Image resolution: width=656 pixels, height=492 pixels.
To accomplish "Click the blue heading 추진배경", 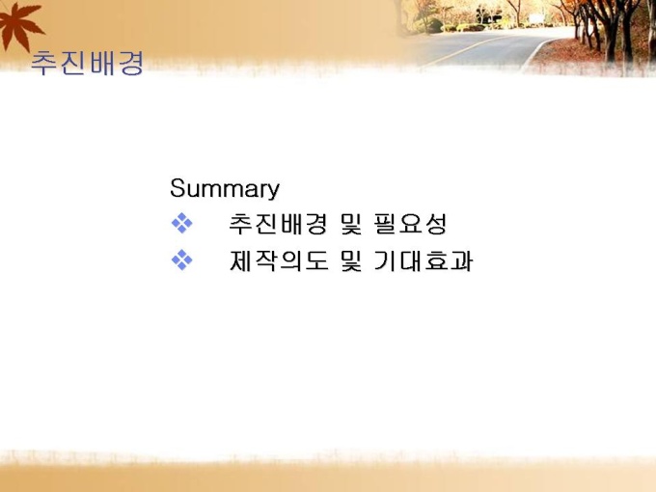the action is (87, 63).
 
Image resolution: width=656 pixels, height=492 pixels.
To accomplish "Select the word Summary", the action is (225, 189).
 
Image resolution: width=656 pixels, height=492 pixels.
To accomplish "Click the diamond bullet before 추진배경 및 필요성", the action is (182, 223).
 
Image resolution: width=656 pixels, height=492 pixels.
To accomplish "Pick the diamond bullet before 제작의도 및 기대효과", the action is (182, 260).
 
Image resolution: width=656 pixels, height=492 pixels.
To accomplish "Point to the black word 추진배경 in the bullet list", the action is (278, 224).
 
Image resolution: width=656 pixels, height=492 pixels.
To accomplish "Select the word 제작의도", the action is (279, 260).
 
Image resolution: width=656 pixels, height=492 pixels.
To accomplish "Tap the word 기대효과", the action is (423, 260).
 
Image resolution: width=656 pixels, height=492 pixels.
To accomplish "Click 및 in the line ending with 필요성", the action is (350, 224).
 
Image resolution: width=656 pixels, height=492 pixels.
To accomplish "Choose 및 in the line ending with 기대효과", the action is (350, 260).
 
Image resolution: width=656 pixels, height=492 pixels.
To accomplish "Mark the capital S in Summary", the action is (178, 187).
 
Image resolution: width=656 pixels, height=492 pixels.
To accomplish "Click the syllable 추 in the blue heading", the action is (44, 63).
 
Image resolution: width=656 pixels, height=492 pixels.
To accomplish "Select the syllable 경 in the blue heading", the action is (130, 63).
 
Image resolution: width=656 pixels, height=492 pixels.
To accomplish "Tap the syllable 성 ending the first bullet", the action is (435, 224).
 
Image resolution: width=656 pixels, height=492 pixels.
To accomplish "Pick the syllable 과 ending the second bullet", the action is (460, 260).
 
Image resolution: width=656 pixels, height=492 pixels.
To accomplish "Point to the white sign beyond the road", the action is (536, 18).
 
